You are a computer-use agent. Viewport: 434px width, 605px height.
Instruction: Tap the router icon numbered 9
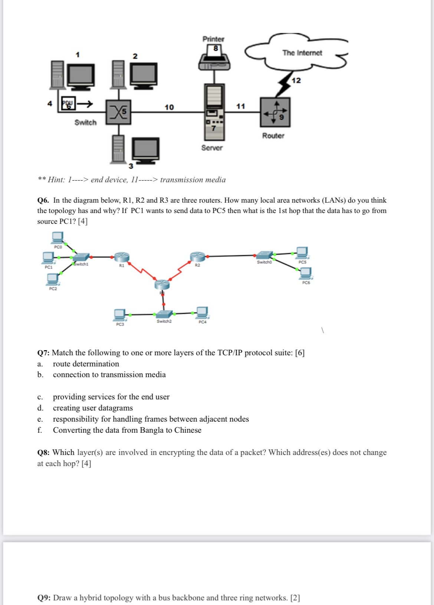click(275, 112)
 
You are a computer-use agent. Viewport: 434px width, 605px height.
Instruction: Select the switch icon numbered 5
click(118, 112)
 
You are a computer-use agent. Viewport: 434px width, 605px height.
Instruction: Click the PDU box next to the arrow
click(68, 104)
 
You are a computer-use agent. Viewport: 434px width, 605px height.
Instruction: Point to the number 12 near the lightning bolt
click(296, 80)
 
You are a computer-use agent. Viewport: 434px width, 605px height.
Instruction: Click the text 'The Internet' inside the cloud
click(302, 53)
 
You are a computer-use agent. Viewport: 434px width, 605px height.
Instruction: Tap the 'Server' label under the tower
click(212, 148)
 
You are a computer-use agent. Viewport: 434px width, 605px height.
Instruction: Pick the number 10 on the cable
click(169, 107)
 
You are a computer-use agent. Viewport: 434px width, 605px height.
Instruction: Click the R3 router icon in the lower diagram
click(162, 285)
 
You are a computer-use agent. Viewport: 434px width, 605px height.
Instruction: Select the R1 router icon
click(122, 257)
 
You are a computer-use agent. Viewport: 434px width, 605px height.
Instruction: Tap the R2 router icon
click(197, 256)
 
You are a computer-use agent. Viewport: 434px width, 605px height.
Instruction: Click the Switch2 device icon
click(164, 314)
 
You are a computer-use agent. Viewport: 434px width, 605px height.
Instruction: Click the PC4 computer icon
click(202, 312)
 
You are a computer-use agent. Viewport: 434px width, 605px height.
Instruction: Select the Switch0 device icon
click(265, 255)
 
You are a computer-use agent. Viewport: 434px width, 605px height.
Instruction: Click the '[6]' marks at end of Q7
click(300, 353)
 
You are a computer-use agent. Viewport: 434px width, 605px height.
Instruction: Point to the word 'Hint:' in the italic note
click(56, 180)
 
